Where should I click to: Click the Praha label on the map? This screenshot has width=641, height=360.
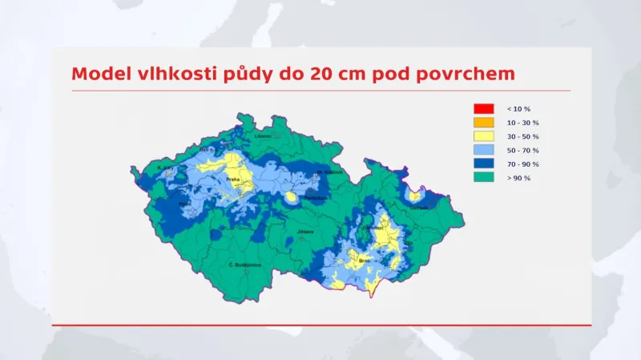click(x=233, y=179)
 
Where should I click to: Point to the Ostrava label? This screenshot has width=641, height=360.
click(x=419, y=208)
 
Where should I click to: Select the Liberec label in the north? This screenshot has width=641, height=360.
click(x=263, y=136)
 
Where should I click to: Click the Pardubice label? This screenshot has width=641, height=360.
click(x=315, y=196)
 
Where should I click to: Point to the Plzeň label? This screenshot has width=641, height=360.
click(x=185, y=204)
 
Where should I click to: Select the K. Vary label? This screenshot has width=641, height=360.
click(x=165, y=168)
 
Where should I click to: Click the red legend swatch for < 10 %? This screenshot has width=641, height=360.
click(x=483, y=108)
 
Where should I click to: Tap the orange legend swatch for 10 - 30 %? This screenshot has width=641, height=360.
click(x=483, y=123)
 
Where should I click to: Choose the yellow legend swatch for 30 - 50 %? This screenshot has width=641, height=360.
click(x=483, y=136)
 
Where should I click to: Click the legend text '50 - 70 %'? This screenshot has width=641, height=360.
click(x=523, y=150)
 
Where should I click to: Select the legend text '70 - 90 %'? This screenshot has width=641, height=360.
click(x=523, y=164)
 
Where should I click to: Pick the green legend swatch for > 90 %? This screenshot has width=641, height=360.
click(x=483, y=177)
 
